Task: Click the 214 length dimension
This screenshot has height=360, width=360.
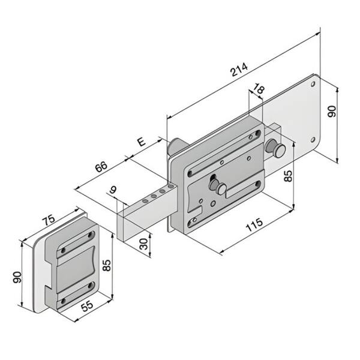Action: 239,70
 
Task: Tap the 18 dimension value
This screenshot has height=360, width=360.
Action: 259,88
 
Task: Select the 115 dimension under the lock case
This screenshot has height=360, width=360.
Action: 254,224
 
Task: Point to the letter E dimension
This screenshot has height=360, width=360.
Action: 142,142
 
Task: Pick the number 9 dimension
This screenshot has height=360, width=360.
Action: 113,190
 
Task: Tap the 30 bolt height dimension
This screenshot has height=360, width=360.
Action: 144,244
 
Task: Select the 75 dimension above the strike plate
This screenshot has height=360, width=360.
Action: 49,220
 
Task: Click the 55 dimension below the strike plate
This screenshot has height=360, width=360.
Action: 87,306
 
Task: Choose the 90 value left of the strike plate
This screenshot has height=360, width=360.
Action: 17,277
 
